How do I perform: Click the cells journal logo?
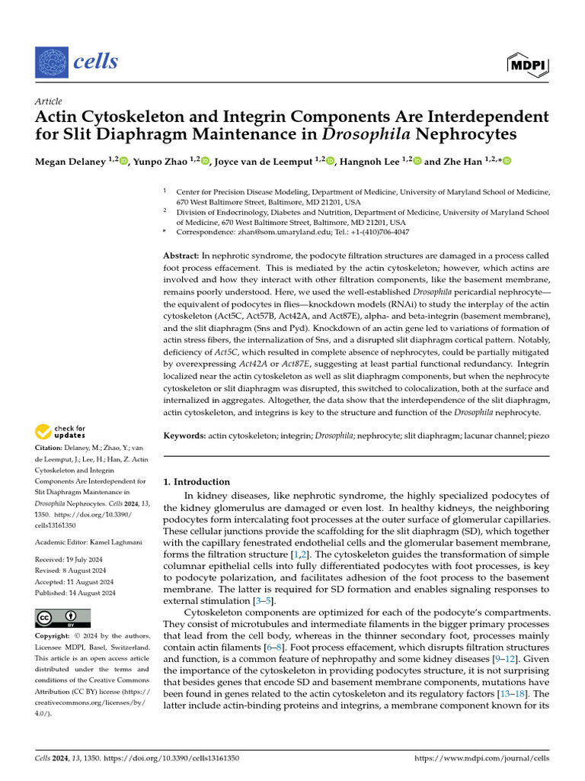(x=77, y=61)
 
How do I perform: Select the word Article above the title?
(x=49, y=101)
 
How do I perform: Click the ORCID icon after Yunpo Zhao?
(x=205, y=161)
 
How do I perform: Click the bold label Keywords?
(x=185, y=435)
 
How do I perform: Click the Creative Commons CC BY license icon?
(x=63, y=618)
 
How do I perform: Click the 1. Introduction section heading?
(x=197, y=482)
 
